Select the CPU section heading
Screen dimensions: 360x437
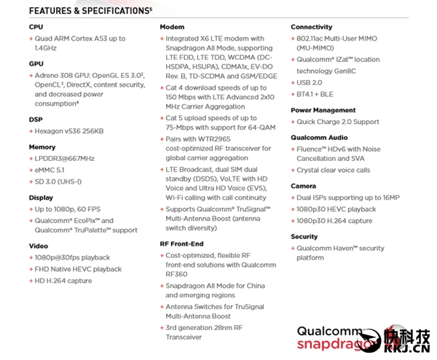tap(36, 28)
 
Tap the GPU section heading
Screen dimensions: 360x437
tap(36, 63)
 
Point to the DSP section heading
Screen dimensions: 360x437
tap(36, 118)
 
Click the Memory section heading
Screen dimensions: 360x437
tap(42, 146)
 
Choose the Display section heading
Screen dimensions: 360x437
tap(41, 197)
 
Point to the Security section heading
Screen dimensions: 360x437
tap(304, 236)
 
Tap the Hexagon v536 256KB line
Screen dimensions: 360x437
tap(69, 130)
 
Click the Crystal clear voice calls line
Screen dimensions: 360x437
tap(333, 170)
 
